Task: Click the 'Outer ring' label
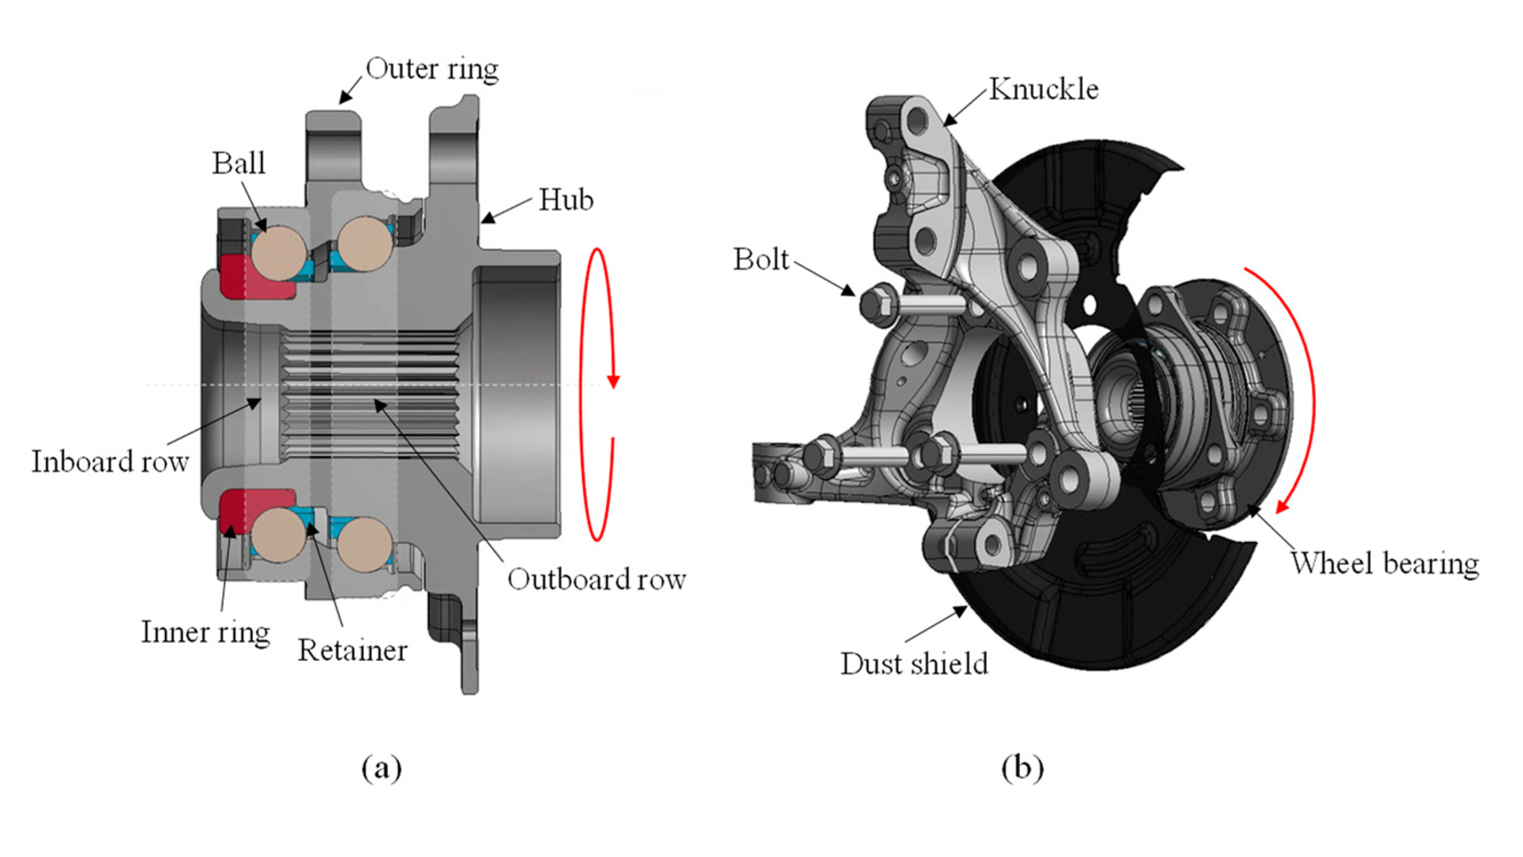pos(432,69)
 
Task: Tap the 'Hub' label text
pos(566,200)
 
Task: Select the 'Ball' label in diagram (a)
pos(238,163)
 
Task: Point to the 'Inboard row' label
pos(109,462)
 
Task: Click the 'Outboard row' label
pos(597,579)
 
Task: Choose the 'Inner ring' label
pos(205,632)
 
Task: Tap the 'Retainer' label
pos(352,651)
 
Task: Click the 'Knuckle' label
pos(1043,89)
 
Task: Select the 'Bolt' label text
pos(761,259)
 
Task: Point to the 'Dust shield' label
pos(914,663)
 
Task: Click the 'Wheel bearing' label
pos(1384,563)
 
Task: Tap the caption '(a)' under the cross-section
pos(382,767)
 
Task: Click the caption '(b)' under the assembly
pos(1022,767)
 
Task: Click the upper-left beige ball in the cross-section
pos(278,252)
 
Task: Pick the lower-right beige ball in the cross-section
pos(364,544)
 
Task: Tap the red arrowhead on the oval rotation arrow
pos(613,381)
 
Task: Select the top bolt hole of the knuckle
pos(918,121)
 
